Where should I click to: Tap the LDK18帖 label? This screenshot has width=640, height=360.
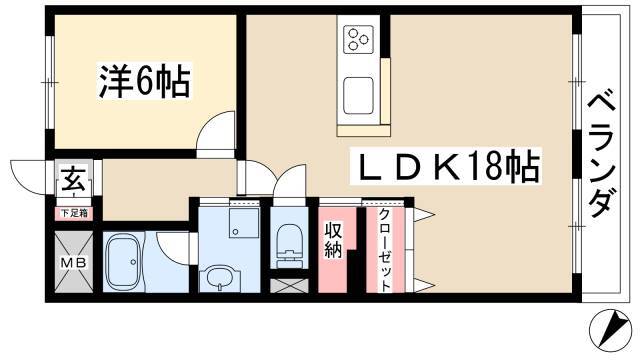tap(446, 167)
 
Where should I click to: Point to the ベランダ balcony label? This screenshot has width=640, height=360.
tap(601, 155)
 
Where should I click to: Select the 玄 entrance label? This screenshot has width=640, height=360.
tap(74, 180)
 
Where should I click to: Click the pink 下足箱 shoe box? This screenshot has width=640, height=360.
tap(74, 213)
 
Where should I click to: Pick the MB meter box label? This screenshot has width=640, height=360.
tap(74, 262)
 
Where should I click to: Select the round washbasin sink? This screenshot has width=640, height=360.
tap(220, 278)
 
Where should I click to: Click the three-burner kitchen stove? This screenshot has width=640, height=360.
tap(359, 39)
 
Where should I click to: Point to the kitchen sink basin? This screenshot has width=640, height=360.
tap(358, 96)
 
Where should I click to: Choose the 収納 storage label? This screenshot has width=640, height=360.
tap(333, 241)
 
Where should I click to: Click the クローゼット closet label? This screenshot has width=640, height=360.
tap(385, 250)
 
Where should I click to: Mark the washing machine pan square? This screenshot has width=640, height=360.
tap(244, 223)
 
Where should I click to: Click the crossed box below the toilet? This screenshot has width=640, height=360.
tap(289, 286)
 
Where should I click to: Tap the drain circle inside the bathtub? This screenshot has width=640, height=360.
tap(133, 262)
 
